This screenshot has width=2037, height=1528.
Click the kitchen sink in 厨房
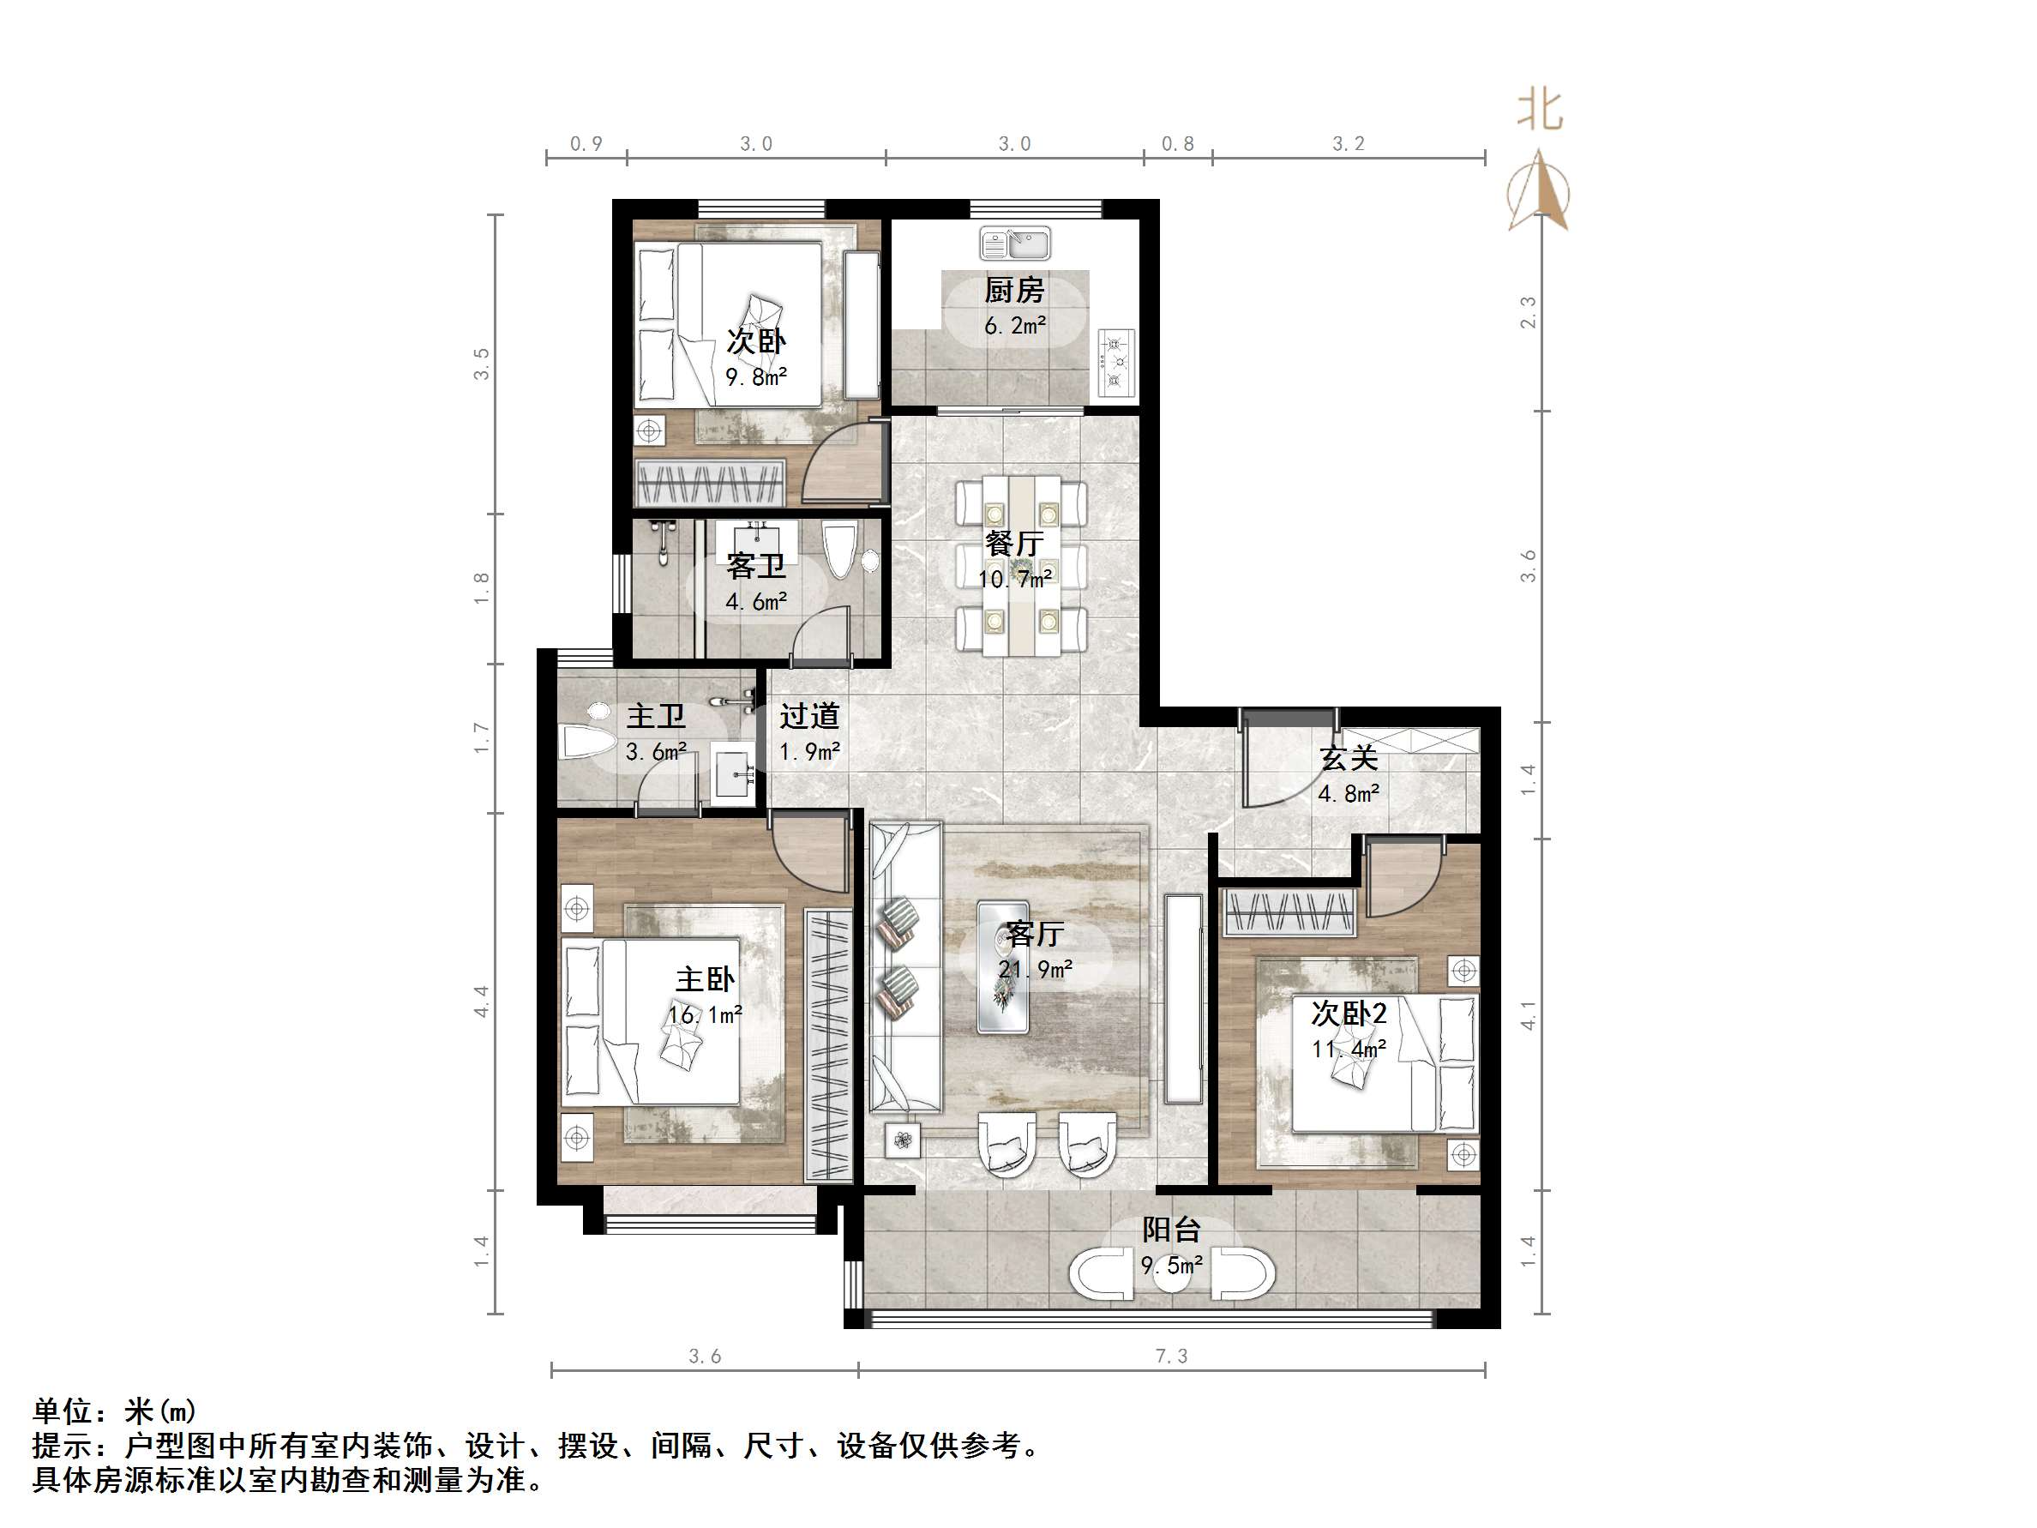tap(1015, 244)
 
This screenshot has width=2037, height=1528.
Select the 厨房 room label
tap(1014, 291)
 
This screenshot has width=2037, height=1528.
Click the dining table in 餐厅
tap(1020, 566)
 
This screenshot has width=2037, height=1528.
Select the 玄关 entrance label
tap(1349, 759)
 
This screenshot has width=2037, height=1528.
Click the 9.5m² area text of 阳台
tap(1171, 1266)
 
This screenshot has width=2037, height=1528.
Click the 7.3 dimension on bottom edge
tap(1171, 1356)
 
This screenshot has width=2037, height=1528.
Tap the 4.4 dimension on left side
tap(482, 1002)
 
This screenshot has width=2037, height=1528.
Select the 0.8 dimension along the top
tap(1177, 144)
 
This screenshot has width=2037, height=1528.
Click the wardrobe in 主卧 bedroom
tap(828, 1045)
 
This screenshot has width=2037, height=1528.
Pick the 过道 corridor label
tap(809, 716)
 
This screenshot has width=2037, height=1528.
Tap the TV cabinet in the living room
tap(1182, 998)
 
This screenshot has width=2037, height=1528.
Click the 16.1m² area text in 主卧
tap(706, 1015)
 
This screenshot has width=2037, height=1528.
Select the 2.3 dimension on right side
tap(1528, 312)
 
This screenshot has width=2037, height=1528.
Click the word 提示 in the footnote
tap(63, 1446)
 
